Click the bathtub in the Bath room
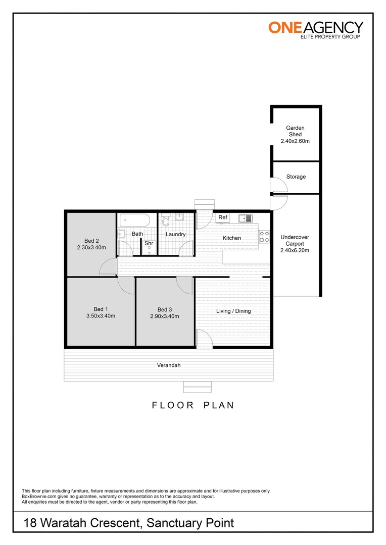[134, 221]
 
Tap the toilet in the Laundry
[167, 221]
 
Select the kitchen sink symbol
[245, 218]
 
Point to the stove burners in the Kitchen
[264, 236]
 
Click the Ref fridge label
[223, 217]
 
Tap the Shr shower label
[149, 243]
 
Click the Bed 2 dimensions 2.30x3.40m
[91, 247]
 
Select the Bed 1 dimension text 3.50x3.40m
[101, 316]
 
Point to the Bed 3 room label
[165, 309]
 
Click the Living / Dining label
[233, 311]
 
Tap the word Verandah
[169, 365]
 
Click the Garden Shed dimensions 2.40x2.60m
[295, 141]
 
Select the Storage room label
[296, 177]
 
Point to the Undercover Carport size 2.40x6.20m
[295, 250]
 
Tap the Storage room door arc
[280, 185]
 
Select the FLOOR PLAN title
[193, 405]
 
